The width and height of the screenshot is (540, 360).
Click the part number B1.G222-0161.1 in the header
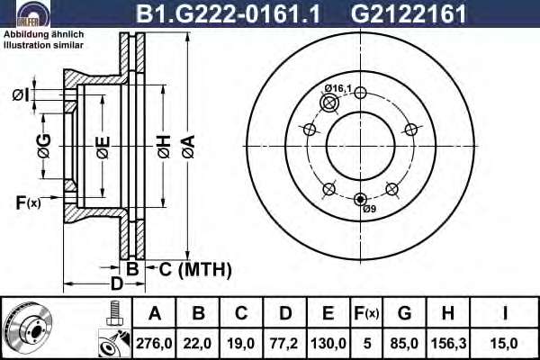228,13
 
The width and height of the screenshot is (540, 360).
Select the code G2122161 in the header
409,13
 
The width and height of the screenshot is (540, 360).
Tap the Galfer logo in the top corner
33,13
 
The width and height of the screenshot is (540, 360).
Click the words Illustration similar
43,45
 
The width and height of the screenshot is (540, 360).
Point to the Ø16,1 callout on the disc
337,88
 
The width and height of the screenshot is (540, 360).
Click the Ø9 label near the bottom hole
370,209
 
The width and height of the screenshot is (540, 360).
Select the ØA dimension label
188,147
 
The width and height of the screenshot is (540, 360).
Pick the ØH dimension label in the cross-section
164,147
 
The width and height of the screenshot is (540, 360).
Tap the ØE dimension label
103,148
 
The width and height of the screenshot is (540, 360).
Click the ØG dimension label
44,146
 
